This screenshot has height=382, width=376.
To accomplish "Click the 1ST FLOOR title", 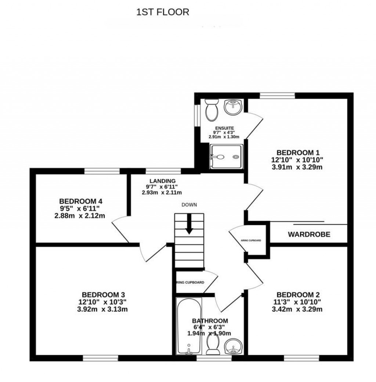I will tap(163, 12).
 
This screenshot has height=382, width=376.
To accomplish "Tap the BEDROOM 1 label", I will tap(298, 153).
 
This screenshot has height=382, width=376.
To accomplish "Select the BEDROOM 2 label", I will tap(298, 294).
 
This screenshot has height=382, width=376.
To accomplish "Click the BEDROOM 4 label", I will tap(80, 201).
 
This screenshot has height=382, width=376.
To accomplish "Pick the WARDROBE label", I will tap(309, 234).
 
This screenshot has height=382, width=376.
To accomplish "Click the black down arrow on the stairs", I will tap(189, 224).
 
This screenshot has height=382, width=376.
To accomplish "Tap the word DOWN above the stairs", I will tap(189, 205).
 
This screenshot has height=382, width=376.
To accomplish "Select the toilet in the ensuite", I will tap(211, 110).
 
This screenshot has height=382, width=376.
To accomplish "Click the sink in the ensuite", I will tap(232, 107).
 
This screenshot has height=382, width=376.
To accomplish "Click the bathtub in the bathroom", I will tap(188, 326).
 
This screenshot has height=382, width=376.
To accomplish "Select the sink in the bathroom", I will tap(232, 346).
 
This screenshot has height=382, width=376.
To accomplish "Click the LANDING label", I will tap(162, 181).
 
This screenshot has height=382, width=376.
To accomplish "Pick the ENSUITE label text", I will tap(224, 128).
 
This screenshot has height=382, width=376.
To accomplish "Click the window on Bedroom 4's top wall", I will tap(102, 171).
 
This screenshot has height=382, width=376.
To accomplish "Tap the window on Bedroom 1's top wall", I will tap(277, 96).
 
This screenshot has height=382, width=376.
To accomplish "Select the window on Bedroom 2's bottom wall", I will tap(296, 358).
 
